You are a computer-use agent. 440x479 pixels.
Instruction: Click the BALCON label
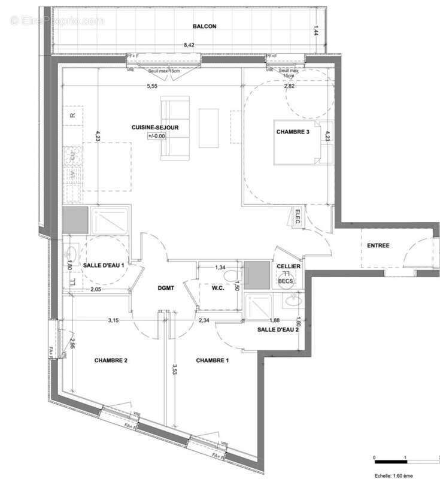click(x=204, y=26)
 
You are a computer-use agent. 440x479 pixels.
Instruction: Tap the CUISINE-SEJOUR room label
click(x=156, y=128)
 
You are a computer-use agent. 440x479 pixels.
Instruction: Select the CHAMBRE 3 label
click(x=292, y=132)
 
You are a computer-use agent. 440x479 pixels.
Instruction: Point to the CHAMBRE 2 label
click(x=111, y=360)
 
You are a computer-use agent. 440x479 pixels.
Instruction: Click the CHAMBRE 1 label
click(x=213, y=360)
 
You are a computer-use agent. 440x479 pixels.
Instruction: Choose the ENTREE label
click(x=378, y=245)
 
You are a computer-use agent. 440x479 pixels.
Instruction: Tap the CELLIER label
click(x=289, y=266)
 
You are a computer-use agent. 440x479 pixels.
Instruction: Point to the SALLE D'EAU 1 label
click(x=104, y=265)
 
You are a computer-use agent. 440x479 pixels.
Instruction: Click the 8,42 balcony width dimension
click(x=189, y=44)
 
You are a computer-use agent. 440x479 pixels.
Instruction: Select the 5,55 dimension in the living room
click(x=151, y=86)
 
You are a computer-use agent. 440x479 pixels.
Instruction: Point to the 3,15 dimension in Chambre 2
click(x=113, y=320)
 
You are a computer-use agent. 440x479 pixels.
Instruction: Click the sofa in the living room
click(x=175, y=128)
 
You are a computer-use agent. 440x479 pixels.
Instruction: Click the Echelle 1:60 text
click(x=395, y=474)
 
